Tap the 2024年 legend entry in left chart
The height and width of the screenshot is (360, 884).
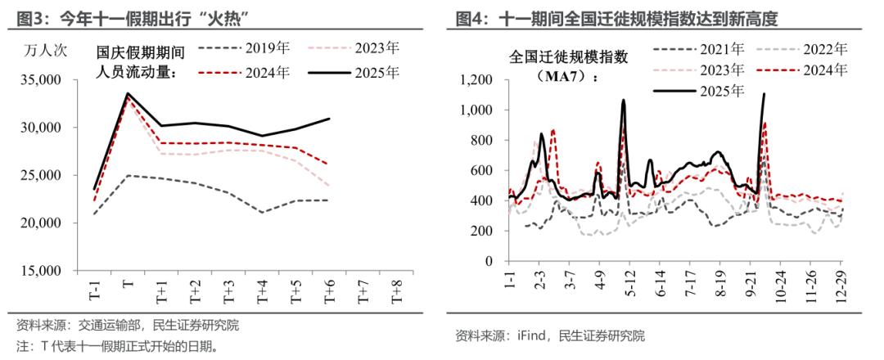[265, 72]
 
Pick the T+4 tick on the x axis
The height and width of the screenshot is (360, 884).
[263, 290]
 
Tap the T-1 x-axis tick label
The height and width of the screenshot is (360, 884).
[94, 290]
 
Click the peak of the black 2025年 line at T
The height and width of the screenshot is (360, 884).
[128, 93]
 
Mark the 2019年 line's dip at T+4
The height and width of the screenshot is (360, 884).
[263, 213]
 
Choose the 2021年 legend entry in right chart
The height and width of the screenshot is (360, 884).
[719, 49]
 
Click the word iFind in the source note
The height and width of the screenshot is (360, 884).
[530, 335]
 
